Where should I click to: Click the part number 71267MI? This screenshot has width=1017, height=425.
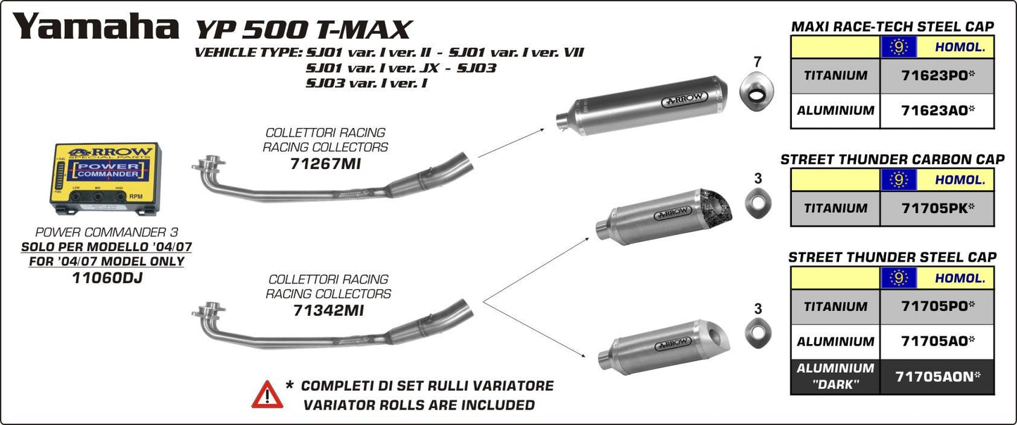[x=324, y=164]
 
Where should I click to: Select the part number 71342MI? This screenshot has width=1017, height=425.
[x=328, y=310]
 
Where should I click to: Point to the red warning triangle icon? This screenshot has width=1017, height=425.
[x=267, y=395]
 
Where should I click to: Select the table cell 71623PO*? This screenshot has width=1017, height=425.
[x=937, y=75]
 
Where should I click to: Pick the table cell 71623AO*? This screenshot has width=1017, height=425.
[x=937, y=110]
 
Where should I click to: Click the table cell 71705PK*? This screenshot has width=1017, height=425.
[x=937, y=208]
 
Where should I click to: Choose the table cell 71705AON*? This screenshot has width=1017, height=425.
[x=937, y=376]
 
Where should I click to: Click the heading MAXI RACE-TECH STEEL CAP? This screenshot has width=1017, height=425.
[x=892, y=27]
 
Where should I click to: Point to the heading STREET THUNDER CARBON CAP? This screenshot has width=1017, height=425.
[x=892, y=160]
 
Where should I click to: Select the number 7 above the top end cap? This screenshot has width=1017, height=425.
[x=757, y=62]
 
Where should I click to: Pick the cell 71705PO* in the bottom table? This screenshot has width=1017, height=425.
[x=937, y=306]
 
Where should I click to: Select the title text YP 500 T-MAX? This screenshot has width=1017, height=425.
[x=302, y=29]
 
